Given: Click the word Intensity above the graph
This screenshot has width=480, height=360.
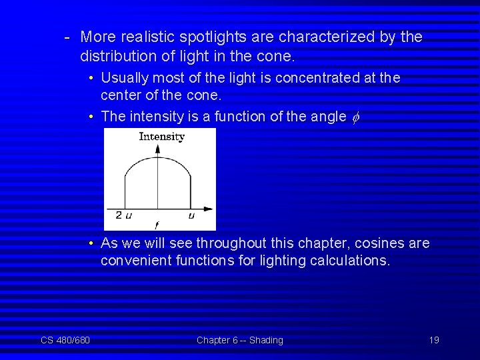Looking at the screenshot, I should [161, 137].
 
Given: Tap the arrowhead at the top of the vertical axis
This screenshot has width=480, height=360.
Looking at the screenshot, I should [157, 147].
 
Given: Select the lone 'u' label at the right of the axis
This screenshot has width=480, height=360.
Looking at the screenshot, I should [191, 215].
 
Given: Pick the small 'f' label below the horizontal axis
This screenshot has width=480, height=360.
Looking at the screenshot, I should [156, 226].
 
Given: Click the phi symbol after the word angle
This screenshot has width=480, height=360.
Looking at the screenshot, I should [355, 117].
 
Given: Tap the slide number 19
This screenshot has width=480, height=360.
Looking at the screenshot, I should [434, 340].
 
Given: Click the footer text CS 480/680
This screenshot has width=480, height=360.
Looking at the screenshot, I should [65, 340].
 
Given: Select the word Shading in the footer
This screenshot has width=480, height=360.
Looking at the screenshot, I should [266, 340].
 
